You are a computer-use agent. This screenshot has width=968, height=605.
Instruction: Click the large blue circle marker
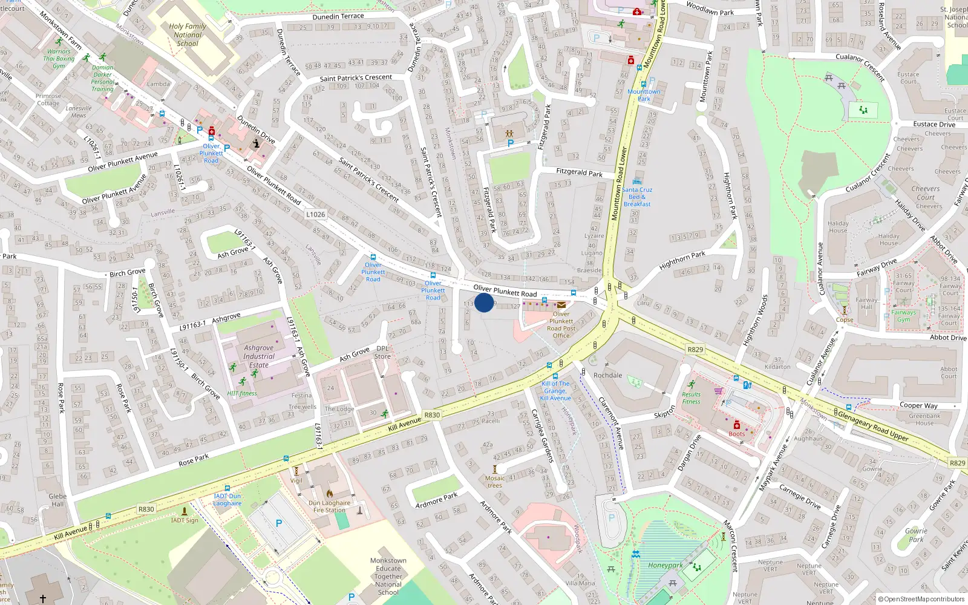click(x=484, y=302)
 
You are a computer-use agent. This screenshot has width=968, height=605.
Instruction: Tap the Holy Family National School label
click(x=188, y=35)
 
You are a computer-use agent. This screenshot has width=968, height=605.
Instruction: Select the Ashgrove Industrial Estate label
click(x=259, y=356)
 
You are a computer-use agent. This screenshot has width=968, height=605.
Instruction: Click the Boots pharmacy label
click(x=737, y=434)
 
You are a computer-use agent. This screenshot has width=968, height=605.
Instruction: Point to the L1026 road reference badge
click(x=315, y=214)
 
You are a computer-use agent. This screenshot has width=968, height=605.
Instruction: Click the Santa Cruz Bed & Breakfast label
click(x=637, y=197)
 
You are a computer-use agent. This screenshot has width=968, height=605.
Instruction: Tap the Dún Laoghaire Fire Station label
click(x=329, y=506)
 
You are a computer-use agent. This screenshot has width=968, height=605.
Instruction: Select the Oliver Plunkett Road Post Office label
click(x=561, y=325)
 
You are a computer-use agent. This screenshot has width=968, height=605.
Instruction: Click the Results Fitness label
click(x=691, y=398)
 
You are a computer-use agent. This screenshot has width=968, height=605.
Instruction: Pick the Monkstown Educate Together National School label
click(x=388, y=577)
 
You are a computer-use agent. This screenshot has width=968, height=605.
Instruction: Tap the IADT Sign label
click(x=185, y=520)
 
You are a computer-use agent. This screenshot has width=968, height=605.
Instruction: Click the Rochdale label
click(x=608, y=375)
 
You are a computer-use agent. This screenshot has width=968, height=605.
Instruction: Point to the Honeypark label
click(x=665, y=566)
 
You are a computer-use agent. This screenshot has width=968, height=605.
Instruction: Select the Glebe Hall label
click(x=57, y=500)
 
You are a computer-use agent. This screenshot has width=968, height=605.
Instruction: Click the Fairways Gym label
click(x=904, y=316)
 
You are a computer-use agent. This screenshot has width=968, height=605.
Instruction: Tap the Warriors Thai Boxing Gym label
click(x=59, y=59)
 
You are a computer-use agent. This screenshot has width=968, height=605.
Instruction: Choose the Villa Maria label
click(x=580, y=583)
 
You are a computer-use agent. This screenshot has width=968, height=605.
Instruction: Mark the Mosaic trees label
click(x=494, y=482)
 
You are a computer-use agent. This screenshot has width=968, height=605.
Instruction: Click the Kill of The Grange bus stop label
click(x=556, y=391)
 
